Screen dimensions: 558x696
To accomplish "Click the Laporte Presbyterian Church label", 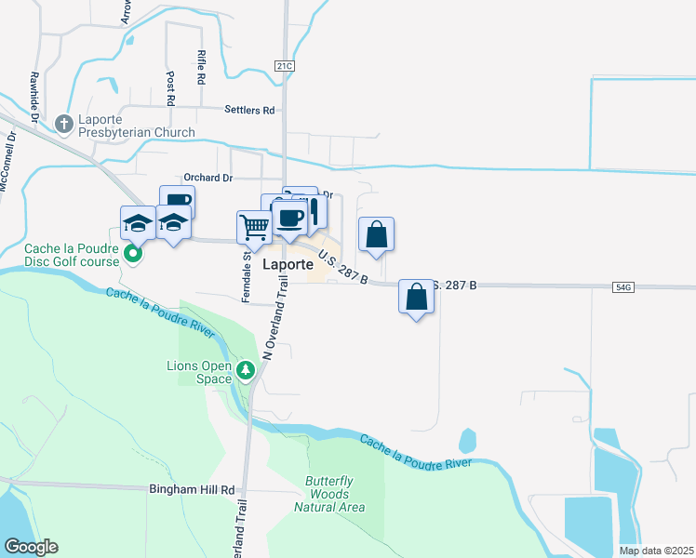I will tap(136, 125).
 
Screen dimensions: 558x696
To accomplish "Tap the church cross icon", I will tap(63, 123).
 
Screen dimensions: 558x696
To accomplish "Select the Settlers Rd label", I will tap(249, 110).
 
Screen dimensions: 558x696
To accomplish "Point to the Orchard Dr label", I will tap(207, 178).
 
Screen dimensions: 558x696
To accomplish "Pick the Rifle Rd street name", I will tap(201, 68).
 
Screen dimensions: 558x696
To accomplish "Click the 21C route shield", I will tap(284, 65).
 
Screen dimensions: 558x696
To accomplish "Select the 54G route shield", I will tap(623, 288).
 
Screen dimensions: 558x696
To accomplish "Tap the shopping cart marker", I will tap(254, 225).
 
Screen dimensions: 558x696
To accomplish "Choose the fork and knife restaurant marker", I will tap(315, 210).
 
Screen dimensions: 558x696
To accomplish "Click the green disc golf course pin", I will tap(134, 253).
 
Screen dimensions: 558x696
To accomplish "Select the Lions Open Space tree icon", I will tap(246, 372).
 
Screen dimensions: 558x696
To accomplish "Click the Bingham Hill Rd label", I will tap(193, 488).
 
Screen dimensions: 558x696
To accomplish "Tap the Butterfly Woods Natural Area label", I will tap(329, 494).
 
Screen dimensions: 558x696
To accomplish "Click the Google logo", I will tap(31, 547).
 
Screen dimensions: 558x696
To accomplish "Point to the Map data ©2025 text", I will tap(656, 551).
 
